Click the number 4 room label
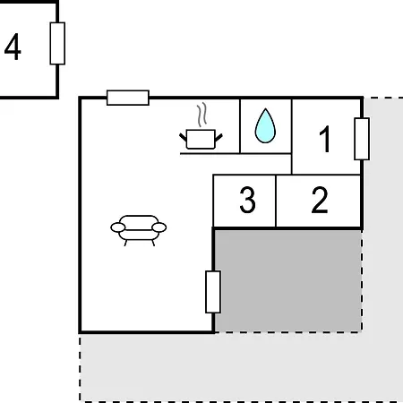coord(13,47)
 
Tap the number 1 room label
coord(325,139)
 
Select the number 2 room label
coord(320,200)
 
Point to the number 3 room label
coord(247,200)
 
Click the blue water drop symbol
coord(265,125)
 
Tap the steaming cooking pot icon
coord(201,126)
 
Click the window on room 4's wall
coord(57,43)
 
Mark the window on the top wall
coord(128,98)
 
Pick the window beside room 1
coord(362,139)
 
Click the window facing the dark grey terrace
coord(213,292)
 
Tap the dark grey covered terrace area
coord(288,280)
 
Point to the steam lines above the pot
coord(201,115)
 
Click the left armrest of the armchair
coord(118,227)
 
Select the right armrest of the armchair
coord(159,227)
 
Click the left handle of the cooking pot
coord(183,138)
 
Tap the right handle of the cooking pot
coord(219,138)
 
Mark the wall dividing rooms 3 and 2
coord(276,201)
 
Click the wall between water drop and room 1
coord(292,136)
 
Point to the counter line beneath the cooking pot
coord(236,153)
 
